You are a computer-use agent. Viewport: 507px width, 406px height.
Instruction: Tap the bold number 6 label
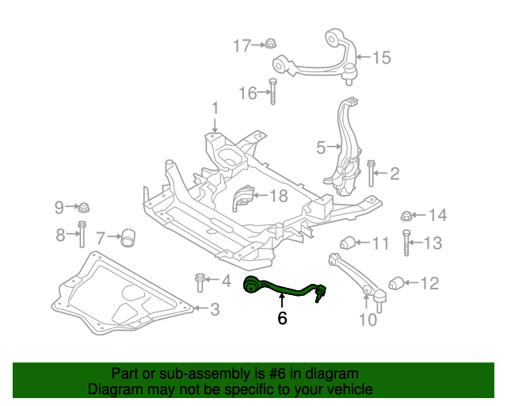tap(282, 319)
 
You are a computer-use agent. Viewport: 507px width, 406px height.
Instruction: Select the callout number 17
tap(241, 46)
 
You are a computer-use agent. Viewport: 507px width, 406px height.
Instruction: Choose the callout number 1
tap(214, 108)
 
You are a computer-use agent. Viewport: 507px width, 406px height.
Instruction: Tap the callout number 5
tap(321, 147)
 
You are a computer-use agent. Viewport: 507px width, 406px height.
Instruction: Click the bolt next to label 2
tap(371, 173)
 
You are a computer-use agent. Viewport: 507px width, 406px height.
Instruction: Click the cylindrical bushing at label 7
tap(129, 236)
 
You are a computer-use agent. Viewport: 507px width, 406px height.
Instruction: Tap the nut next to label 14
tap(406, 215)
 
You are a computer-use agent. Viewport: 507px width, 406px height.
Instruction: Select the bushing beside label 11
tap(347, 243)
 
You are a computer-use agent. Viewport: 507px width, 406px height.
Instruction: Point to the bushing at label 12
tap(396, 282)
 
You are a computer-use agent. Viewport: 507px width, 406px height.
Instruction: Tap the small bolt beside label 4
tap(199, 282)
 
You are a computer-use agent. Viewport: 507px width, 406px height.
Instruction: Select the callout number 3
tap(215, 309)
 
